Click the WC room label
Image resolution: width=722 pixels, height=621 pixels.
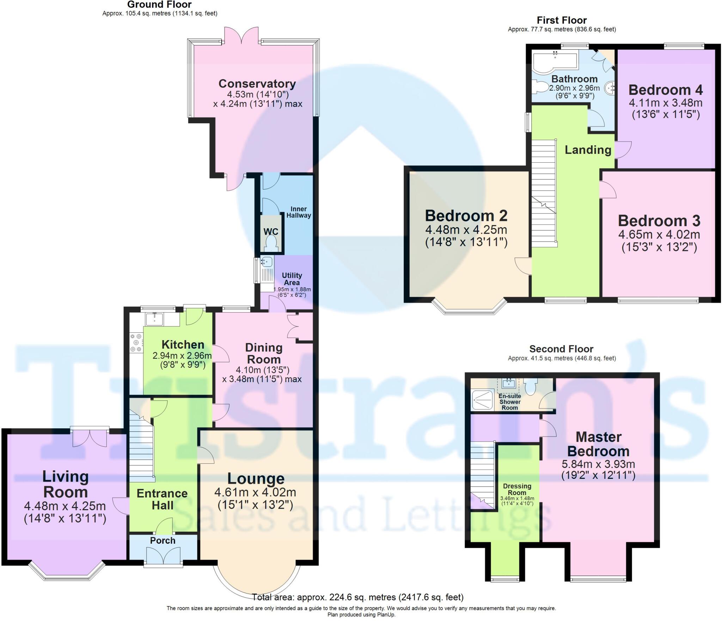point(271,231)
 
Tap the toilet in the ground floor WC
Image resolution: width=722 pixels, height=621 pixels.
point(271,243)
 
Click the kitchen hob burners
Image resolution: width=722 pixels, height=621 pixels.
point(136,342)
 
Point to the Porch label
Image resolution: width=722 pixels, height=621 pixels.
point(163,541)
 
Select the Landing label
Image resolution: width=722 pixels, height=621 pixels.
point(588,150)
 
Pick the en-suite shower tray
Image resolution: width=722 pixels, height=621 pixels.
point(482,400)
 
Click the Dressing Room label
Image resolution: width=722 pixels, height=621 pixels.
point(517,489)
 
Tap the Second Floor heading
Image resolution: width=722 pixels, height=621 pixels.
point(561,349)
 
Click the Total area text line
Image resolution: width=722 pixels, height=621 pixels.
point(357,597)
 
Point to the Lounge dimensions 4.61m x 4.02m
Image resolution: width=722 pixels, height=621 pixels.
point(255,492)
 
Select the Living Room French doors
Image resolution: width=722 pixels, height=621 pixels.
point(90,438)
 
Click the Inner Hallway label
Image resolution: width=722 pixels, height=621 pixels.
point(299,212)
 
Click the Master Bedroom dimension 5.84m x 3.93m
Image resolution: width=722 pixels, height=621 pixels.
point(598,464)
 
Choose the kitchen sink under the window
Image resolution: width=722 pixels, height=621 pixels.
point(154,319)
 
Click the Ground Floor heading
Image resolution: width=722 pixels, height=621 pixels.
point(159,5)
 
